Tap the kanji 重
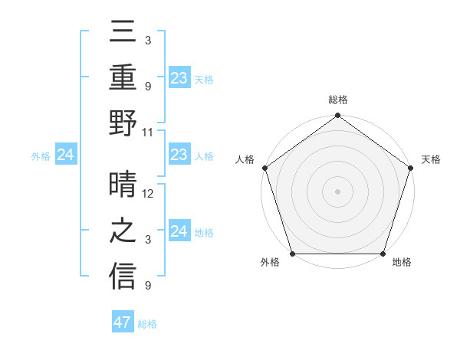click(x=123, y=78)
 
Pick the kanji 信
click(x=123, y=275)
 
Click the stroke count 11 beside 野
click(x=149, y=132)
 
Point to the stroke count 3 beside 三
click(x=147, y=39)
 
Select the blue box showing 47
click(x=123, y=322)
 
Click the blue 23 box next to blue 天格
click(x=179, y=77)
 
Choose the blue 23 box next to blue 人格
click(x=179, y=155)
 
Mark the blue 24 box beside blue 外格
click(x=66, y=155)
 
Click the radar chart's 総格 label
click(x=337, y=100)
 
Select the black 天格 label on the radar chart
click(x=431, y=159)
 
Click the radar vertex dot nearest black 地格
click(x=383, y=254)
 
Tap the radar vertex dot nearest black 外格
click(x=292, y=254)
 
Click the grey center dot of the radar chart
click(x=337, y=191)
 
